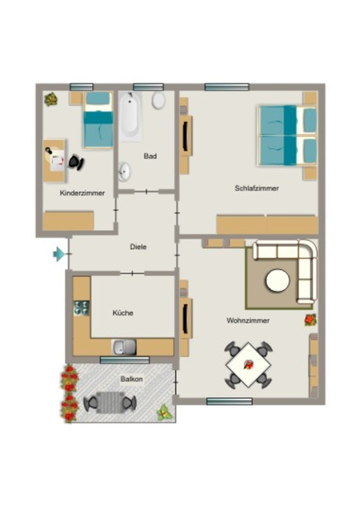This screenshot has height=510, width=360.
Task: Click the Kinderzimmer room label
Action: click(82, 193)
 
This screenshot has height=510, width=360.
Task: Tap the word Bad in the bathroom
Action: click(150, 156)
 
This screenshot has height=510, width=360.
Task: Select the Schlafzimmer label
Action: click(257, 188)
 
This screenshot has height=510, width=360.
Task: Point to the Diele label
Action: click(138, 247)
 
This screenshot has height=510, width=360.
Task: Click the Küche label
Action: click(123, 313)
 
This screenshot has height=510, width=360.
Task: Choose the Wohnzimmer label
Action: click(248, 320)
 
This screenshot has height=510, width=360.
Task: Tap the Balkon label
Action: click(131, 379)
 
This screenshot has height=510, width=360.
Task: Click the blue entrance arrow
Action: click(59, 254)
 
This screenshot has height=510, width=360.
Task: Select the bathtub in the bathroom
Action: click(130, 116)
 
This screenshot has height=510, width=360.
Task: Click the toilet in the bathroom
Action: click(158, 100)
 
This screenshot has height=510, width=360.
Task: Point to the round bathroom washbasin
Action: click(124, 171)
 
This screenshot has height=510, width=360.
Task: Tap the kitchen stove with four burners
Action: click(82, 307)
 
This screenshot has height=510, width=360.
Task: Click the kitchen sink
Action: click(124, 347)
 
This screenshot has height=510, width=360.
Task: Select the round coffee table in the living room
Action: click(278, 280)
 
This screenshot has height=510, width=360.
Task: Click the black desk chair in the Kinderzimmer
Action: click(76, 163)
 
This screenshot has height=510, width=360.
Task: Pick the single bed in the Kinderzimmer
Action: click(98, 120)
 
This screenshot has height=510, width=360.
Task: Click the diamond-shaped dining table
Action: click(249, 364)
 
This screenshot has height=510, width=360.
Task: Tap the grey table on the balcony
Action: click(110, 403)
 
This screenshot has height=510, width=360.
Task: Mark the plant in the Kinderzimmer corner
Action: click(51, 99)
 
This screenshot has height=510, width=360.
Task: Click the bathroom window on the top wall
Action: click(148, 86)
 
